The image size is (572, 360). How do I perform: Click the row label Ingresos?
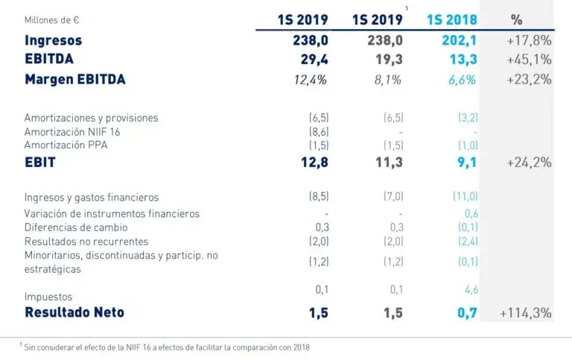(x=53, y=40)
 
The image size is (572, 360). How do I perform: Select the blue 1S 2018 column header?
(x=451, y=20)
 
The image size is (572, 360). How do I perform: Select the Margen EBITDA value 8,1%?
(x=387, y=80)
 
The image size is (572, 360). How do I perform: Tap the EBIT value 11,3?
(x=387, y=162)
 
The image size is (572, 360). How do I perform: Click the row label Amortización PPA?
(x=66, y=145)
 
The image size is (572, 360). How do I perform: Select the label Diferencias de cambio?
(x=76, y=227)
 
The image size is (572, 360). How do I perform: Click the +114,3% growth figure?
(x=526, y=313)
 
